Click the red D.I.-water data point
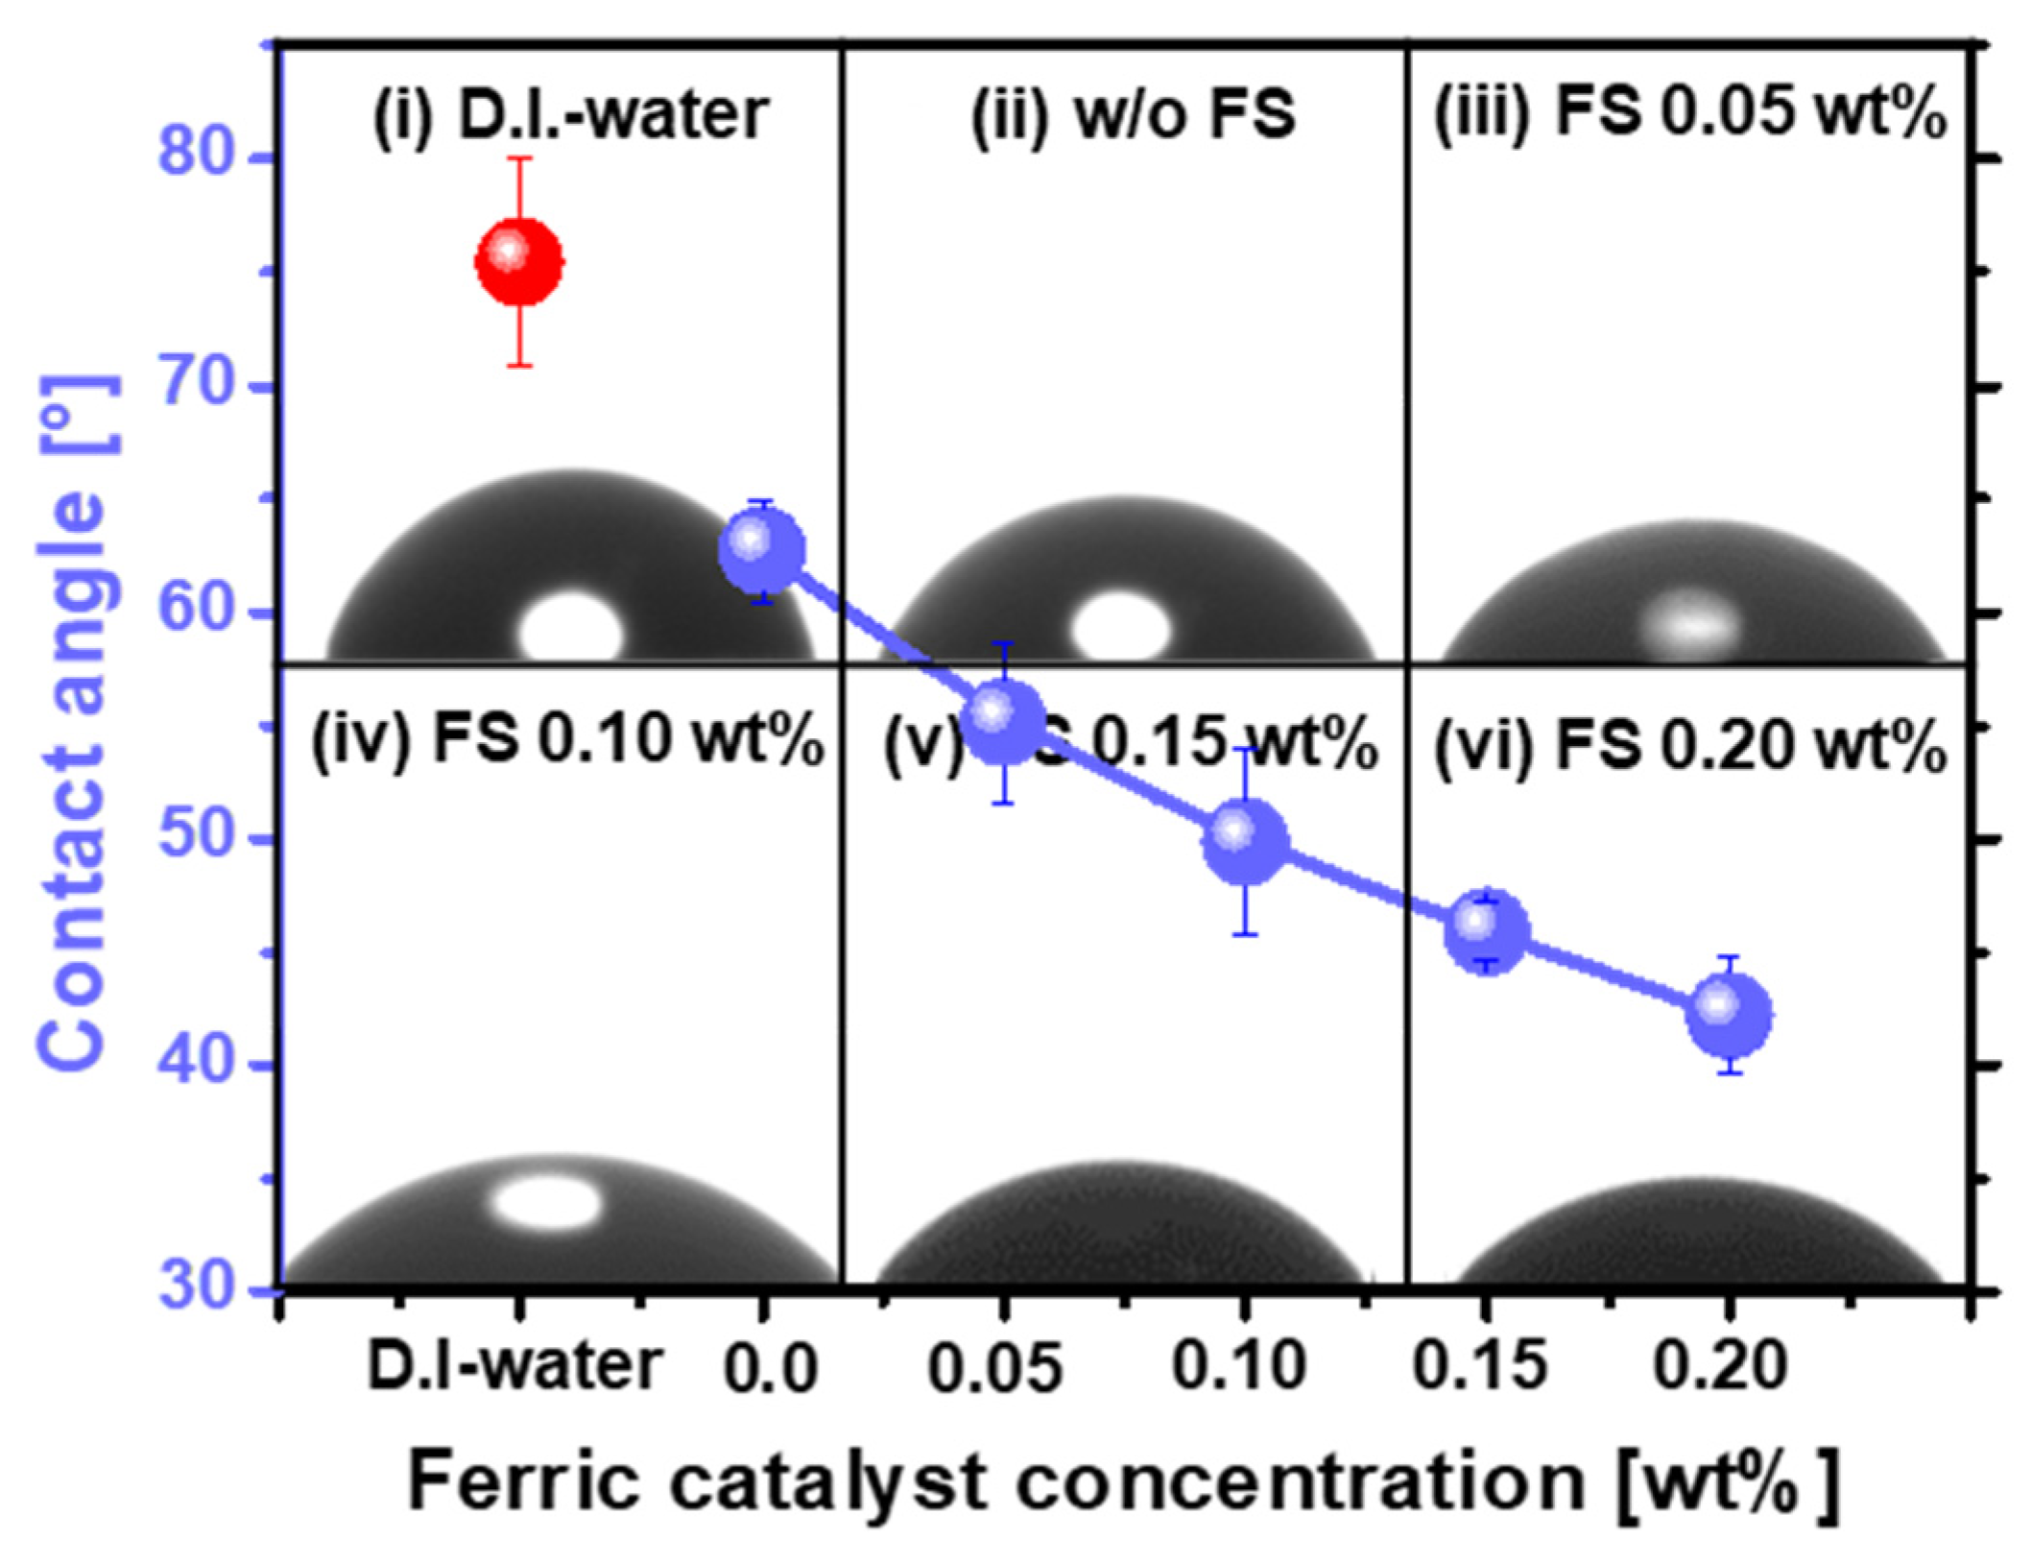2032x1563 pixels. point(519,261)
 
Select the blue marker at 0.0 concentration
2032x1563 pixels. point(762,551)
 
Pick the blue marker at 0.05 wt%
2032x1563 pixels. point(1003,723)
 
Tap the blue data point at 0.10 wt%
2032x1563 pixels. point(1245,840)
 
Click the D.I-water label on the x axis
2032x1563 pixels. point(515,1365)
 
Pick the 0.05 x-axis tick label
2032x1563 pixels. point(995,1367)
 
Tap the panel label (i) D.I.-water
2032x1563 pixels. point(570,115)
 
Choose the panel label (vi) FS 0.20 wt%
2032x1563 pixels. point(1689,747)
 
